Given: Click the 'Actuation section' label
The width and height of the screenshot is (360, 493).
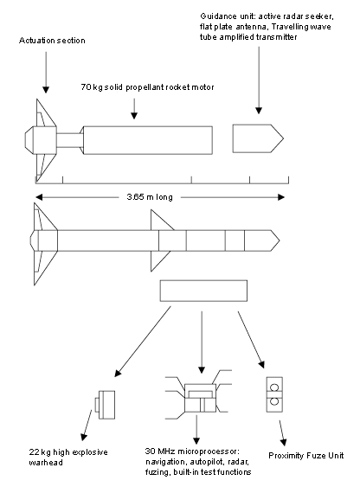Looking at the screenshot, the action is click(x=52, y=41).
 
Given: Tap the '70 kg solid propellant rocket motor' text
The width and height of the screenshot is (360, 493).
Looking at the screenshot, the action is click(x=148, y=87).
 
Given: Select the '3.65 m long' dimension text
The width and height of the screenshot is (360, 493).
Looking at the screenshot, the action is click(x=150, y=197).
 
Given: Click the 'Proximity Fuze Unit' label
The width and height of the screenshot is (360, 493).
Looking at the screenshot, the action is click(x=305, y=456).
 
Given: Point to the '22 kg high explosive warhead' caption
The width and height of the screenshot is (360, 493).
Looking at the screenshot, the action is click(x=68, y=458).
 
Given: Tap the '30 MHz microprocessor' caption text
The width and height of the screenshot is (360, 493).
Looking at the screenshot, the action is click(x=192, y=451).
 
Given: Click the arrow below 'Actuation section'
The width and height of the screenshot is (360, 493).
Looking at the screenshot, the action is click(x=46, y=73).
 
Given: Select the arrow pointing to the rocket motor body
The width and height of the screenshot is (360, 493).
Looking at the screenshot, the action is click(x=134, y=109).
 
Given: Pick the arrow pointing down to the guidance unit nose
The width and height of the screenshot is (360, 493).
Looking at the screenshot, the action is click(x=259, y=80).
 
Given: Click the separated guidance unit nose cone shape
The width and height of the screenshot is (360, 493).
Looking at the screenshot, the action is click(x=258, y=138).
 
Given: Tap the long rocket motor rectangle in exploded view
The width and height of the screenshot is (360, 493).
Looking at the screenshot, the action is click(x=148, y=140).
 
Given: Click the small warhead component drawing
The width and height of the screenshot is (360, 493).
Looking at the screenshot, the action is click(x=105, y=405).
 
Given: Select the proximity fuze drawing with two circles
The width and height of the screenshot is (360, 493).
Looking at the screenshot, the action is click(x=274, y=394).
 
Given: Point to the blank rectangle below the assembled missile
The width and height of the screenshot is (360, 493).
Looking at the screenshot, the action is click(x=203, y=291).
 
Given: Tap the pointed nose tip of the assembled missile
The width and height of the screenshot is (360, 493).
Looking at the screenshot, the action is click(x=280, y=240).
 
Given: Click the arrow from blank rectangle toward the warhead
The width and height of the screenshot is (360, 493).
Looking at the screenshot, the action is click(x=143, y=342).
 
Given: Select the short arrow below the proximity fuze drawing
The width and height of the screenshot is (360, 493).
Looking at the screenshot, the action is click(x=282, y=433).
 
